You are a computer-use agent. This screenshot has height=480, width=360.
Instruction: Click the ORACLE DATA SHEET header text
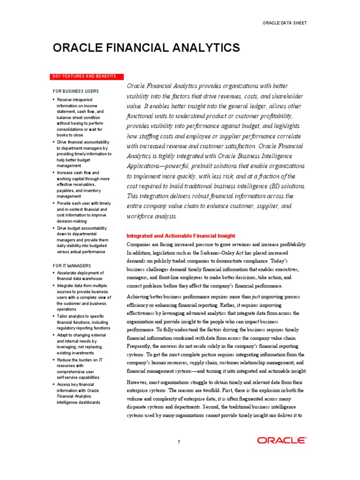pyautogui.click(x=285, y=23)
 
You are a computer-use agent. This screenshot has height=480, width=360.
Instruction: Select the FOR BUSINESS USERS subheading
pyautogui.click(x=75, y=91)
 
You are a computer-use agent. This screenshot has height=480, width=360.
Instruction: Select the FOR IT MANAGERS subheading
pyautogui.click(x=72, y=265)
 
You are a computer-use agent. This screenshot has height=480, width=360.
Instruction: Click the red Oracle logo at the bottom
pyautogui.click(x=281, y=440)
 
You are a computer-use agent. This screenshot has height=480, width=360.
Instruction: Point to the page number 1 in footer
pyautogui.click(x=179, y=442)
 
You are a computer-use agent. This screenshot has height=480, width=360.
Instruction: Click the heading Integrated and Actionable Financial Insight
pyautogui.click(x=181, y=236)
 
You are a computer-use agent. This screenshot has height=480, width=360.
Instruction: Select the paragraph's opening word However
pyautogui.click(x=139, y=382)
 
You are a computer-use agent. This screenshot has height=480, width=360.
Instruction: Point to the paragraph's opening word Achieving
pyautogui.click(x=141, y=297)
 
